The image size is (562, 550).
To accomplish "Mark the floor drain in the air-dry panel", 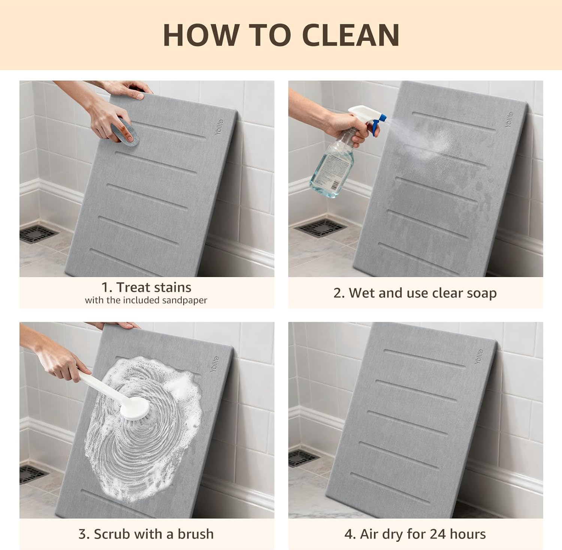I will [303, 458].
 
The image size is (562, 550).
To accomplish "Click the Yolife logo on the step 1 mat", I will [220, 127].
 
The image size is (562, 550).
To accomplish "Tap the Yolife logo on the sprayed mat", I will [509, 119].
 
